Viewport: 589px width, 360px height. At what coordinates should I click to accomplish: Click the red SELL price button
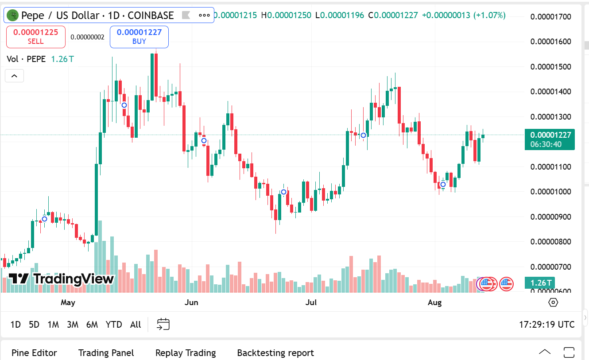[35, 37]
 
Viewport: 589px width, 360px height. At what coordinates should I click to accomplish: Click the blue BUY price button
[139, 37]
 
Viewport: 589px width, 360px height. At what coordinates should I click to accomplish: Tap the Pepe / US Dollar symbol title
[97, 15]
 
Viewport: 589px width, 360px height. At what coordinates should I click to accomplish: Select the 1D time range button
[15, 325]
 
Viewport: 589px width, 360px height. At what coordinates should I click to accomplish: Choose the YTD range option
[114, 325]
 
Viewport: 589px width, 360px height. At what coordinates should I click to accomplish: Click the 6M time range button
[92, 325]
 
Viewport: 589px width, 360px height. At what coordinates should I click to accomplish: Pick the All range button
[136, 325]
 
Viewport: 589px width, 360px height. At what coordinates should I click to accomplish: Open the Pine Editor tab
[34, 353]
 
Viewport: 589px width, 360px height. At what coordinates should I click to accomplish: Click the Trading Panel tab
[106, 353]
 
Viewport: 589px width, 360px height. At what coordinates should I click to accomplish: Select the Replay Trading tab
[185, 353]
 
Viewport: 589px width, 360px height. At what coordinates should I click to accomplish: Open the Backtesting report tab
[275, 353]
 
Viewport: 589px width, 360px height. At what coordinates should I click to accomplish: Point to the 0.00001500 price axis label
[551, 67]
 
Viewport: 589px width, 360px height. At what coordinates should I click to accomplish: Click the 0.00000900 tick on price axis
[551, 217]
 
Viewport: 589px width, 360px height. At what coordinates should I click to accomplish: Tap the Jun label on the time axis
[191, 303]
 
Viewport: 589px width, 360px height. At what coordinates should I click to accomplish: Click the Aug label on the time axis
[434, 303]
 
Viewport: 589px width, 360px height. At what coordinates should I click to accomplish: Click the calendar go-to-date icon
[163, 325]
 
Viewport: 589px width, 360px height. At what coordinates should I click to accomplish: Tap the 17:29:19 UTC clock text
[546, 325]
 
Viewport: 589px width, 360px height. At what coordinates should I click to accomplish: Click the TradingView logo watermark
[62, 279]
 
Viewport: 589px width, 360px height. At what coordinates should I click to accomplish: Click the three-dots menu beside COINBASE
[204, 15]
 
